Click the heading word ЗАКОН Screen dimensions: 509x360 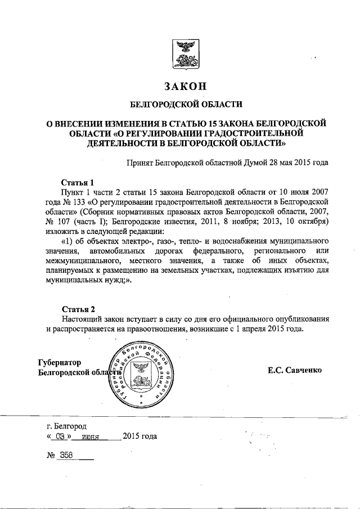point(186,86)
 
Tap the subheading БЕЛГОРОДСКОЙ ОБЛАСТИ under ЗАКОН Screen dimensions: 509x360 point(186,104)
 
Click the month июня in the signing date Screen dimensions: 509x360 point(90,437)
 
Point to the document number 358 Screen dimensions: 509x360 point(67,456)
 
